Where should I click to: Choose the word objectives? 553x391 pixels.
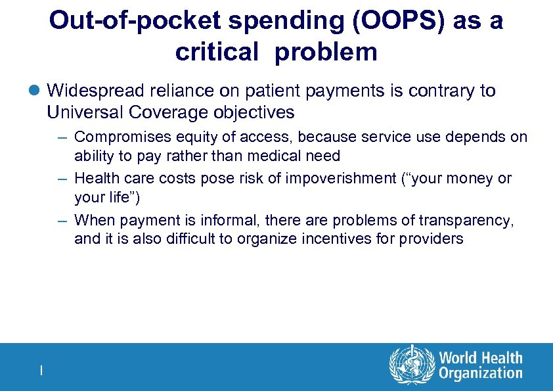pyautogui.click(x=254, y=112)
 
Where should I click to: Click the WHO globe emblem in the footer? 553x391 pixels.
pyautogui.click(x=412, y=366)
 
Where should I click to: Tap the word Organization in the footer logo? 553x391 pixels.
pyautogui.click(x=481, y=374)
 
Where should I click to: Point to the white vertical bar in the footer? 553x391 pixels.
pyautogui.click(x=41, y=371)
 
